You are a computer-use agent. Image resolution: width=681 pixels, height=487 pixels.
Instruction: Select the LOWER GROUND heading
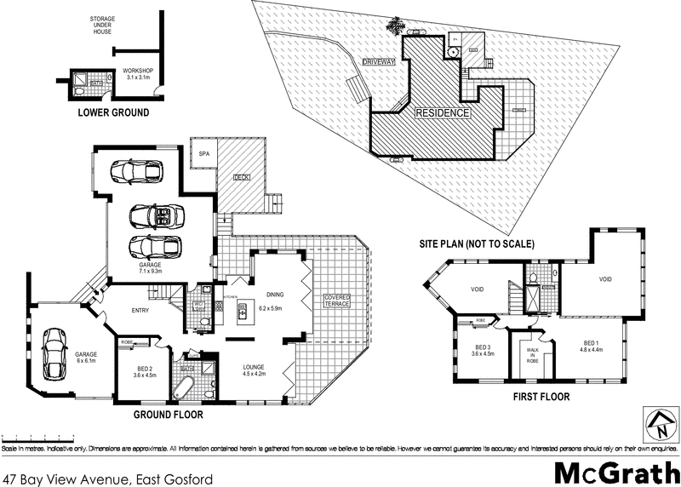click(x=113, y=112)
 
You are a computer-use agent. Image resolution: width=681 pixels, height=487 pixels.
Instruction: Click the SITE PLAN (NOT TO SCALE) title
click(x=476, y=243)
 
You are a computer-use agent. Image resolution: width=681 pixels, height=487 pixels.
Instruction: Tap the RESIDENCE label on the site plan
click(x=442, y=113)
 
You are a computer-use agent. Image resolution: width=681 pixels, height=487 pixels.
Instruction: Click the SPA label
click(x=204, y=154)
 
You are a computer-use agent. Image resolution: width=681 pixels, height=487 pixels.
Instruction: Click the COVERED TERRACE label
click(x=336, y=301)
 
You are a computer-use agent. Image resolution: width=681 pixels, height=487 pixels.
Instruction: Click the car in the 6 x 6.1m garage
click(x=54, y=353)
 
